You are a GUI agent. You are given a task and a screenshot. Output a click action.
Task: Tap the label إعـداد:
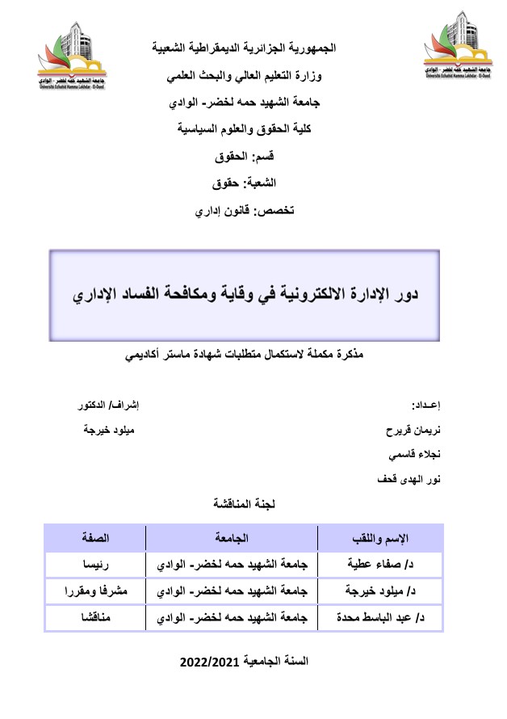pos(427,405)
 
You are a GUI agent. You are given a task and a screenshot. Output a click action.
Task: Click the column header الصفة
pos(95,537)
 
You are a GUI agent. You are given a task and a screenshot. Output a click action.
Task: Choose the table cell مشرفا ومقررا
pos(95,591)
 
